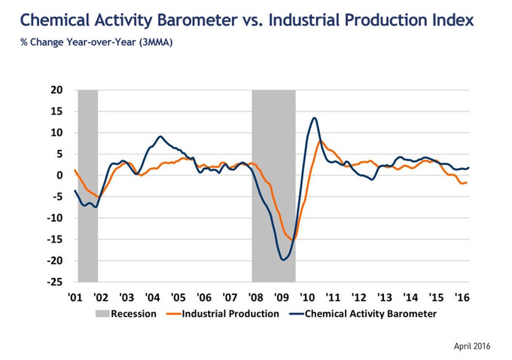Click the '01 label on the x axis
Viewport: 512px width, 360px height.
click(75, 297)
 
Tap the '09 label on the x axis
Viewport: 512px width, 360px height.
click(282, 297)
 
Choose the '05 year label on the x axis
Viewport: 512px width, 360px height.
click(178, 297)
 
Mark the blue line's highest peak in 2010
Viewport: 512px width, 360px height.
click(313, 118)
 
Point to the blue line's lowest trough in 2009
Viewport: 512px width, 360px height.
click(283, 260)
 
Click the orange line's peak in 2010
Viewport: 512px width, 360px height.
click(321, 141)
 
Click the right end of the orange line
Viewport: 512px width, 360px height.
click(467, 182)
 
